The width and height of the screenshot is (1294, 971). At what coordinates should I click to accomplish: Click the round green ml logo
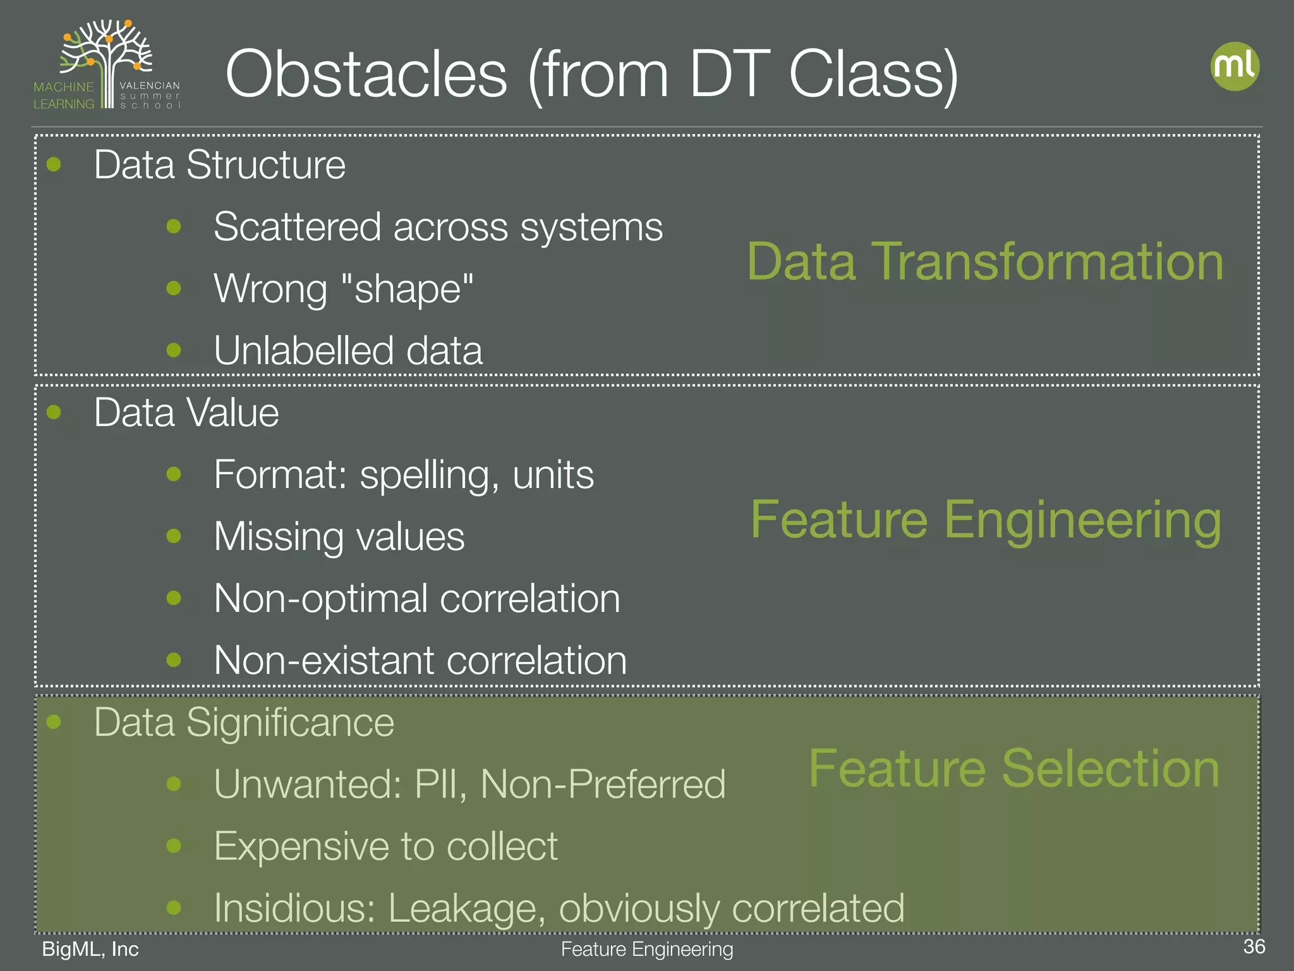[x=1235, y=66]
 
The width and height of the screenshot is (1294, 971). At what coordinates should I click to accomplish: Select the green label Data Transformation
[x=985, y=262]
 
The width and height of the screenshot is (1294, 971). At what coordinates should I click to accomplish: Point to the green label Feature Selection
[x=1014, y=769]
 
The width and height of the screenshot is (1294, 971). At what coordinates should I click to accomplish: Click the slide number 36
[x=1254, y=946]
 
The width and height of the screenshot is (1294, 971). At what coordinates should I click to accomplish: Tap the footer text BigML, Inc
[x=90, y=949]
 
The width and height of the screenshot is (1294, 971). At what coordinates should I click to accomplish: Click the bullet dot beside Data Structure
[x=54, y=164]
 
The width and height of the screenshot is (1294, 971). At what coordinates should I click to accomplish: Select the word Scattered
[x=297, y=226]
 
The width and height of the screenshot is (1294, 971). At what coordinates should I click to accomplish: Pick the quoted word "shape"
[x=407, y=289]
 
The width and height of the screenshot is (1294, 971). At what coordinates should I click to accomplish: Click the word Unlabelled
[x=303, y=350]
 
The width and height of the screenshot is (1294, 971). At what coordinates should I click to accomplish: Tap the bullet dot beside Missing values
[x=174, y=536]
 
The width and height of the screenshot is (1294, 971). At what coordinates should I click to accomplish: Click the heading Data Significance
[x=244, y=722]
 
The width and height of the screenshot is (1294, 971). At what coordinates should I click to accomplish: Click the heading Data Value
[x=186, y=413]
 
